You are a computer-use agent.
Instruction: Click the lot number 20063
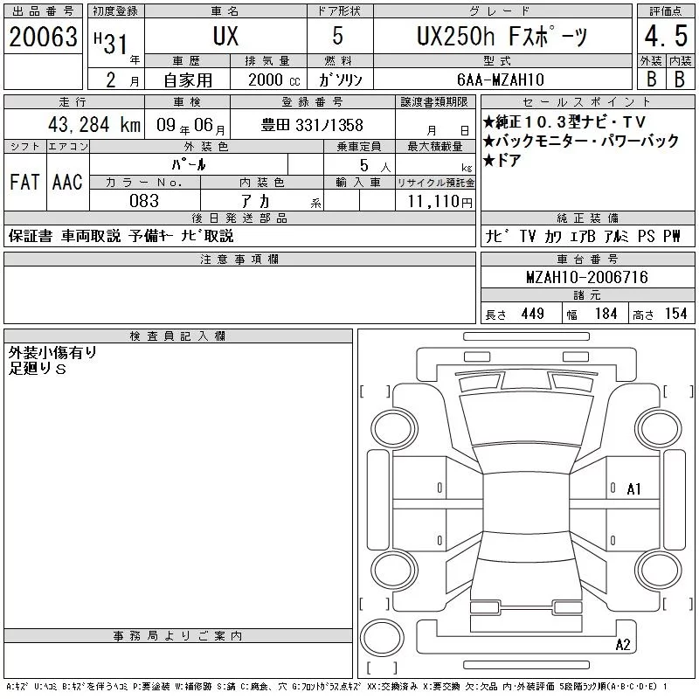click(x=43, y=37)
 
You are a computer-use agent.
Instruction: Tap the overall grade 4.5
click(x=666, y=36)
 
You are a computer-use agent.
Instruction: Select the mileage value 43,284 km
click(x=94, y=124)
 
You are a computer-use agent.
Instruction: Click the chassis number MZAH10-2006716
click(x=587, y=277)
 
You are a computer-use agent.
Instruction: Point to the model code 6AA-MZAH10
click(x=501, y=80)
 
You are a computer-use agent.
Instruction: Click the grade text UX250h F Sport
click(x=502, y=36)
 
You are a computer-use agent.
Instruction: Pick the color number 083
click(x=144, y=201)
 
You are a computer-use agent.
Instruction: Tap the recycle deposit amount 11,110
click(x=439, y=201)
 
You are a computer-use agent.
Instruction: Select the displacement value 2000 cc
click(x=273, y=80)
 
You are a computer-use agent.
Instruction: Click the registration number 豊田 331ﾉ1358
click(x=312, y=125)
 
